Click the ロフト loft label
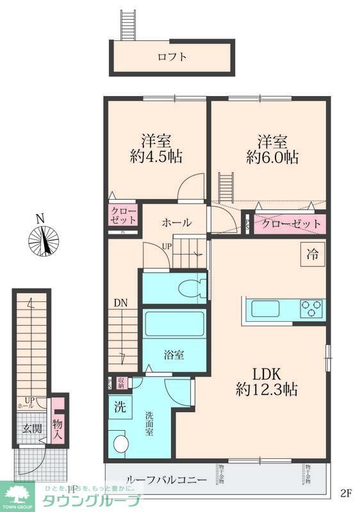pos(172,57)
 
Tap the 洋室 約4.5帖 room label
pos(155,149)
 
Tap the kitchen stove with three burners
pos(313,309)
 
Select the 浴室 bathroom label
pos(174,354)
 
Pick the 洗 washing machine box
pos(120,406)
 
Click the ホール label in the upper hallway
pos(176,223)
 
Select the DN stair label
pos(120,303)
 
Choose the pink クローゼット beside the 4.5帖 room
pos(123,215)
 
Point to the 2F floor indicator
pos(346,493)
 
